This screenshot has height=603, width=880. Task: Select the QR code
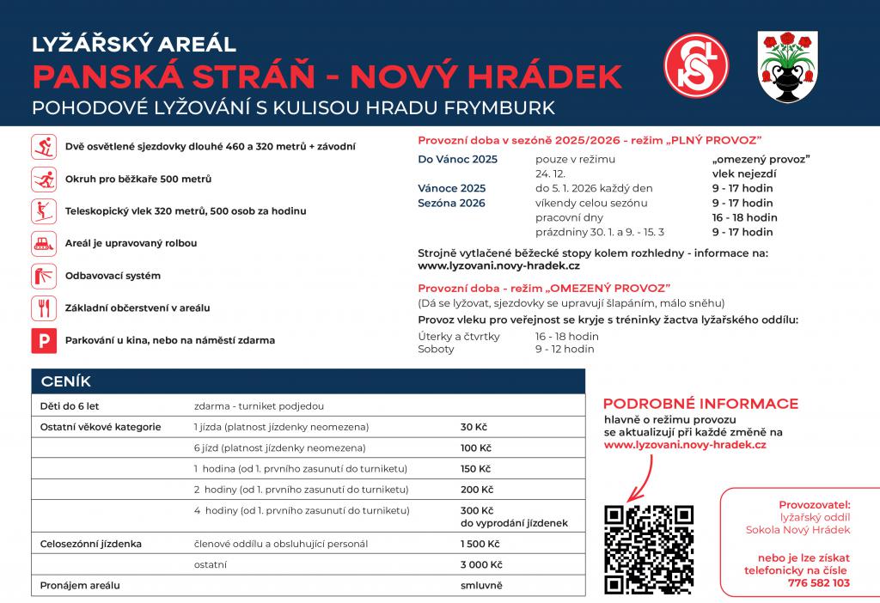click(649, 549)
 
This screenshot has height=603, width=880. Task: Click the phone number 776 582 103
click(818, 582)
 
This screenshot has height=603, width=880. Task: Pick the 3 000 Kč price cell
click(480, 564)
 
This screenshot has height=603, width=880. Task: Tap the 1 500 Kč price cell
click(480, 544)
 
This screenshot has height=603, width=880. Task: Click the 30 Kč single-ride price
click(474, 427)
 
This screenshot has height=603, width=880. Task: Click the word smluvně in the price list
click(481, 585)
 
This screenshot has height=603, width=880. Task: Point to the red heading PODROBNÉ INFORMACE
click(700, 404)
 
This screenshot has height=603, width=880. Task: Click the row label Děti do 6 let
click(70, 405)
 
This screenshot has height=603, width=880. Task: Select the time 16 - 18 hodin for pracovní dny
click(744, 217)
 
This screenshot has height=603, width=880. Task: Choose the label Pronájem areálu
click(80, 585)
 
